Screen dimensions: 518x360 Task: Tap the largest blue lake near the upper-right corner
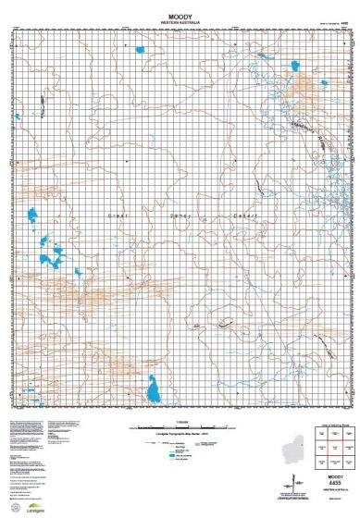click(x=294, y=66)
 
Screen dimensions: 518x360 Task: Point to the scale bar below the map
click(x=180, y=427)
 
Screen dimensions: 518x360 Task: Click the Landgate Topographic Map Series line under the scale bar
click(x=180, y=434)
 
